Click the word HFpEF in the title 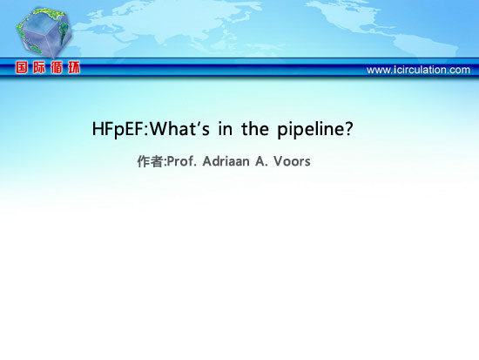click(x=118, y=129)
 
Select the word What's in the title click(x=179, y=128)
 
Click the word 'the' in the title click(x=255, y=128)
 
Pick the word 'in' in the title click(x=226, y=129)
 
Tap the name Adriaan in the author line click(x=226, y=161)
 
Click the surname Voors click(x=292, y=161)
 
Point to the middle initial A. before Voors click(x=261, y=161)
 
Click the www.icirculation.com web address click(x=418, y=70)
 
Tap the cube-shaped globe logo click(x=44, y=32)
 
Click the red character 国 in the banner click(x=22, y=67)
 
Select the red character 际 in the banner click(x=39, y=67)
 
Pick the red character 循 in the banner click(x=57, y=67)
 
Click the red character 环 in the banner click(x=74, y=67)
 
